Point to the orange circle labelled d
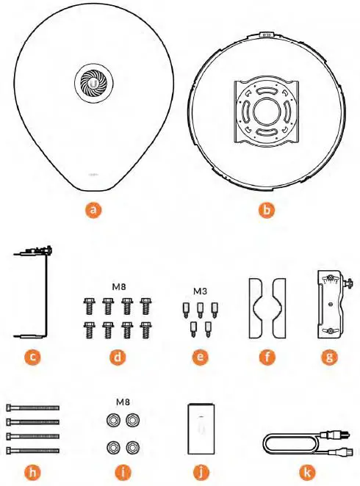pyautogui.click(x=116, y=359)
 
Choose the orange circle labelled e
pyautogui.click(x=197, y=359)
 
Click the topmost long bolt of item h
pyautogui.click(x=32, y=408)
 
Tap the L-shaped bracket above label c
pyautogui.click(x=33, y=294)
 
